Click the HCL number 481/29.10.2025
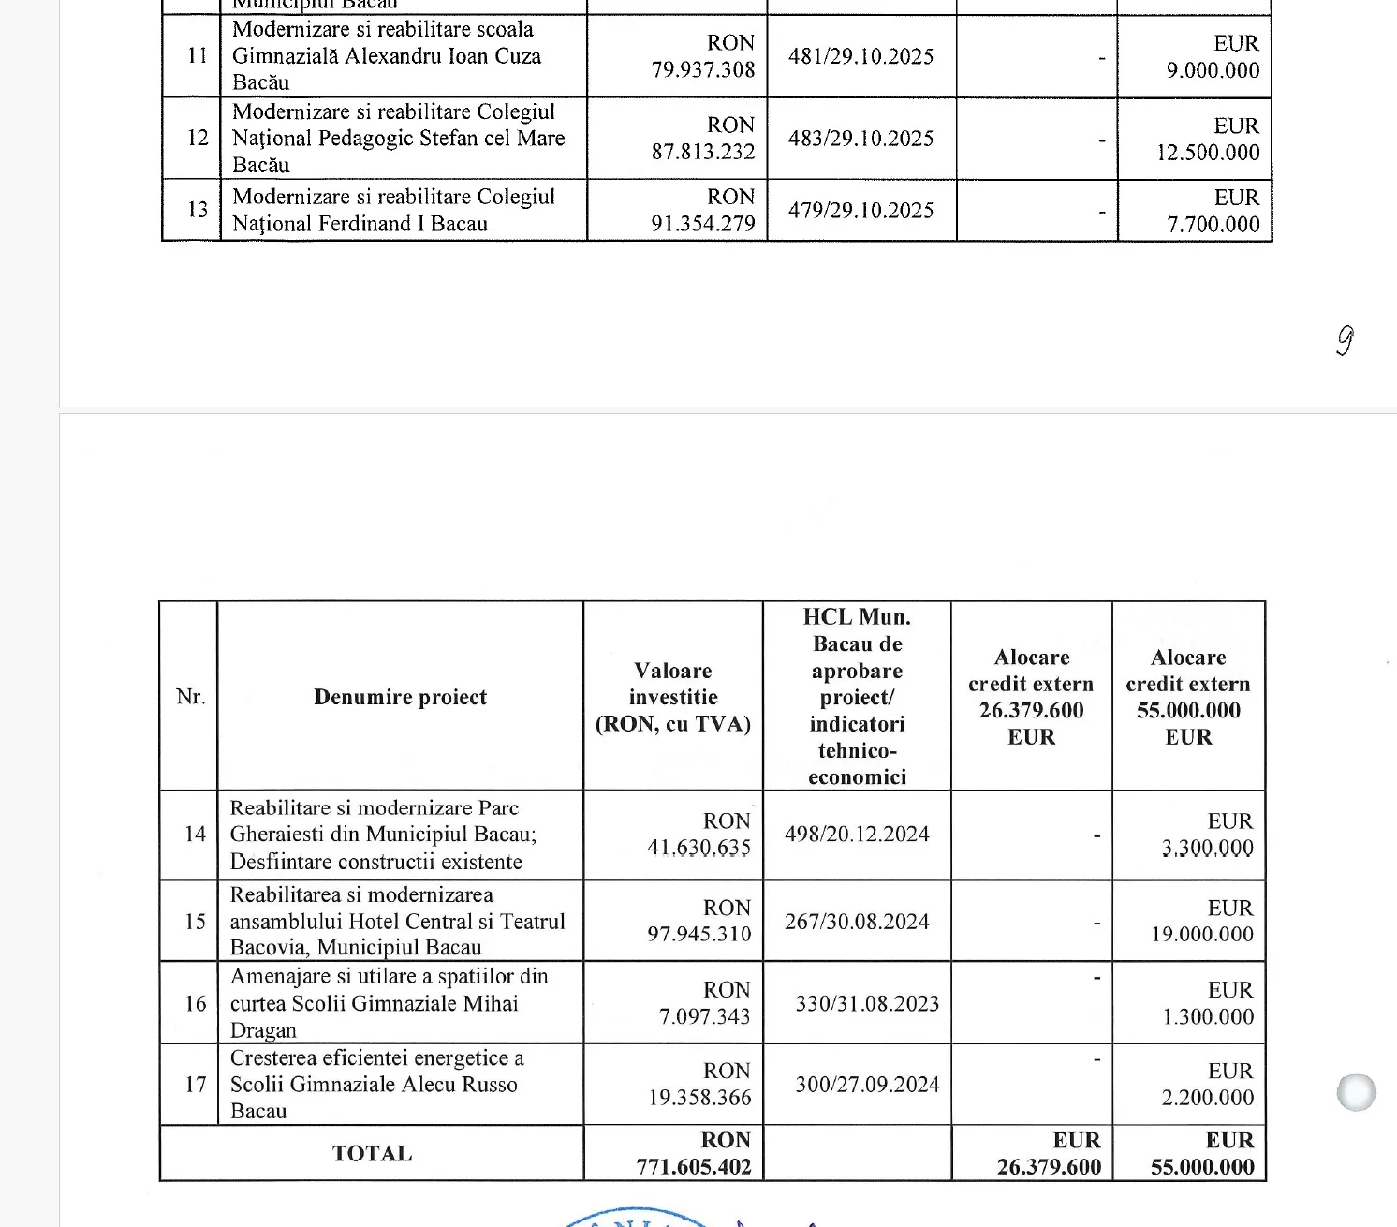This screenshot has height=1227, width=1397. (x=860, y=56)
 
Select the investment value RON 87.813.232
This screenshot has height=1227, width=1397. (x=703, y=139)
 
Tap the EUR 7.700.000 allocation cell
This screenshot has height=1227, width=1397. (x=1213, y=211)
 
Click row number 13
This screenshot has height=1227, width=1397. (x=197, y=209)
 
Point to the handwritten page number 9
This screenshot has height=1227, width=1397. (x=1345, y=340)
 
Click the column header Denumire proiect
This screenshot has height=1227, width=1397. (x=400, y=697)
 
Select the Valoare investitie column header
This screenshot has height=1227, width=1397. (x=673, y=697)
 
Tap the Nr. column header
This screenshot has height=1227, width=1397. (x=190, y=697)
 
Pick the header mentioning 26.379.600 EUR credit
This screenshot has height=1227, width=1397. (x=1031, y=697)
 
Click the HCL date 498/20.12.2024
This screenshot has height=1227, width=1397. (x=857, y=835)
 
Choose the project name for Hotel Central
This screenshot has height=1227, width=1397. (x=397, y=922)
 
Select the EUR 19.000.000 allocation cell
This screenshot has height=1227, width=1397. (x=1202, y=922)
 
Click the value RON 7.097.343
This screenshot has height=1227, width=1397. (x=704, y=1003)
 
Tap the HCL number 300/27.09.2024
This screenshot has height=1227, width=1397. (x=867, y=1085)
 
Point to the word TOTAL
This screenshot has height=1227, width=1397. (x=372, y=1154)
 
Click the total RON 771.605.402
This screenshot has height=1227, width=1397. (x=694, y=1154)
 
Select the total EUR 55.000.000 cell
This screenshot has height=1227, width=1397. (x=1202, y=1154)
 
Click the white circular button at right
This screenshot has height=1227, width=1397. (x=1357, y=1092)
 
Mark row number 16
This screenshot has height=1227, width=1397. (x=195, y=1003)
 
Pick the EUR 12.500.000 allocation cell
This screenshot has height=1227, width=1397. (x=1208, y=139)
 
